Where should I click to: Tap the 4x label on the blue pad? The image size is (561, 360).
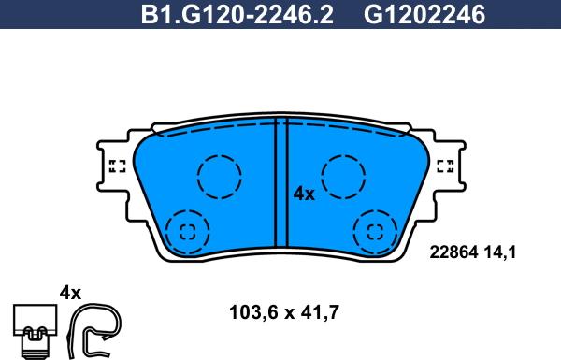click(x=304, y=194)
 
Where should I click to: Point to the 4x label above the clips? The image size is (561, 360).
click(x=71, y=293)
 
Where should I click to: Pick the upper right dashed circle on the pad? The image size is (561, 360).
click(x=343, y=176)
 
